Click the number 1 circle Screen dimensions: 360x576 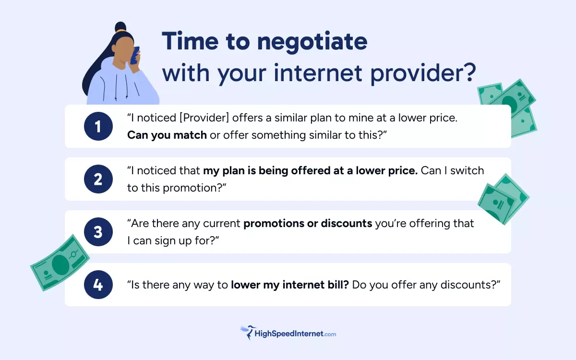(x=98, y=126)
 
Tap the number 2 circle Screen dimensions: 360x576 (x=98, y=179)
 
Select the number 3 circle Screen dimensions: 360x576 (x=98, y=232)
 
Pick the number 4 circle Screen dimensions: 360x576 (x=98, y=285)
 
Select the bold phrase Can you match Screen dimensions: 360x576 (x=167, y=135)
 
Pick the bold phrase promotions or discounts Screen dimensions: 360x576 (x=308, y=223)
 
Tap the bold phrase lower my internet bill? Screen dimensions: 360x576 (x=290, y=285)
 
